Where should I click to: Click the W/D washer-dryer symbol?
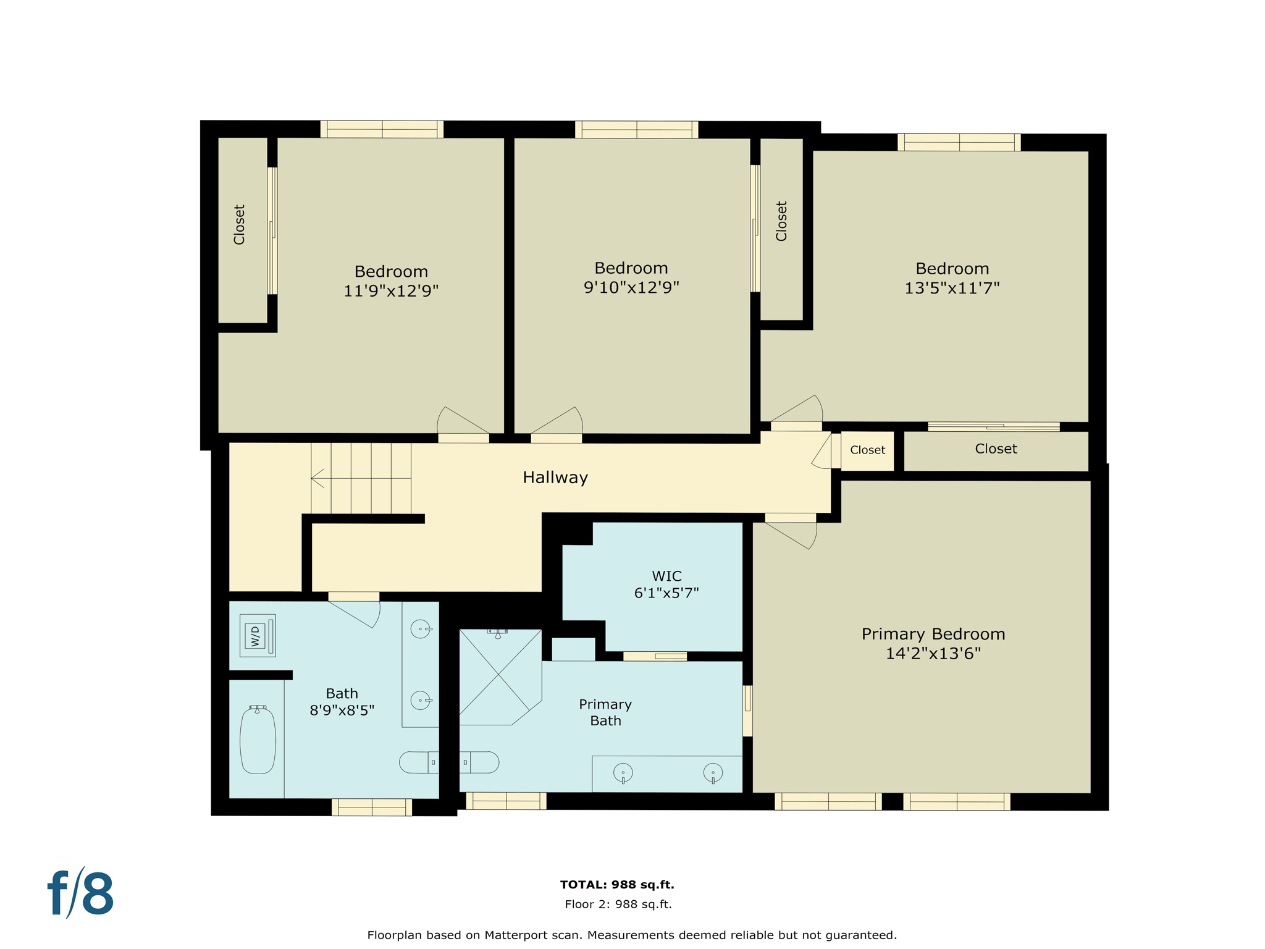pos(257,635)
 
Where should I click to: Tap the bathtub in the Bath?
pos(258,741)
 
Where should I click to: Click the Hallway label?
pos(555,478)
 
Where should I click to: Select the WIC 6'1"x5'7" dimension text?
pos(666,593)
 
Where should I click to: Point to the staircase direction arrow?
pos(317,478)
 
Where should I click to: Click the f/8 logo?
pos(81,893)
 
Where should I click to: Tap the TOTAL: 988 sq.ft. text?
pos(616,885)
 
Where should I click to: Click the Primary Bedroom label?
pos(933,635)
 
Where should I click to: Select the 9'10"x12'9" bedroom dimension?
pos(631,287)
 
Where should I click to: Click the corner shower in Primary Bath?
pos(498,676)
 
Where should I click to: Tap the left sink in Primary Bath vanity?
pos(623,773)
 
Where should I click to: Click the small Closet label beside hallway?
pos(867,450)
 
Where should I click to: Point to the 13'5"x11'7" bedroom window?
pos(959,143)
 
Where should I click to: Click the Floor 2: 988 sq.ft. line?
pos(618,905)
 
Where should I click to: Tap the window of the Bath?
pos(372,807)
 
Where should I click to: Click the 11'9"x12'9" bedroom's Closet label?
pos(240,225)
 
